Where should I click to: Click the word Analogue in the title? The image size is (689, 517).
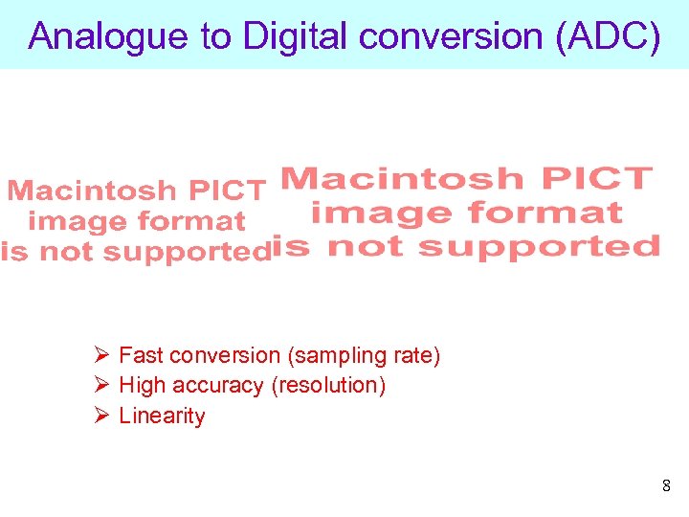pyautogui.click(x=107, y=36)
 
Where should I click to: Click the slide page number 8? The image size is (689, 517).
pyautogui.click(x=666, y=486)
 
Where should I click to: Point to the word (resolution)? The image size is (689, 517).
pyautogui.click(x=328, y=386)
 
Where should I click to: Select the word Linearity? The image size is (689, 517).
pyautogui.click(x=162, y=416)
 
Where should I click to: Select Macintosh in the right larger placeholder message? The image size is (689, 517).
pyautogui.click(x=403, y=179)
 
